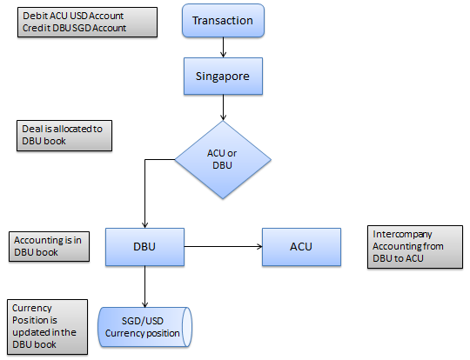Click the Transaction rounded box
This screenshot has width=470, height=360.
[223, 20]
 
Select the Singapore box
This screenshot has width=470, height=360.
[223, 77]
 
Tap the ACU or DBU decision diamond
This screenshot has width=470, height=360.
[223, 159]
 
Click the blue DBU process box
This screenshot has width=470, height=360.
[144, 247]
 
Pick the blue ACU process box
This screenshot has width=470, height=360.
[301, 247]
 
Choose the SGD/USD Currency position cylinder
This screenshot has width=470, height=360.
[144, 327]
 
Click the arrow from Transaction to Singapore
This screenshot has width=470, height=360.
[223, 47]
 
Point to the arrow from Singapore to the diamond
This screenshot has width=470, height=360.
[223, 108]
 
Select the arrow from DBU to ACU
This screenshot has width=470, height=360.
[224, 246]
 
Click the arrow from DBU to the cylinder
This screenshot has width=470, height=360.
[144, 286]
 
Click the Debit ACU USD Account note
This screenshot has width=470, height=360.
[87, 22]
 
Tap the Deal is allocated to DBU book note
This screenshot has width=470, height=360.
[64, 136]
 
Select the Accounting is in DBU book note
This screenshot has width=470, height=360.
[49, 246]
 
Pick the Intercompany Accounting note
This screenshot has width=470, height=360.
[415, 247]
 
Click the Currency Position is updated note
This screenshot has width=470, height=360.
[47, 327]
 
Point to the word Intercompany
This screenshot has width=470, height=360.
[402, 234]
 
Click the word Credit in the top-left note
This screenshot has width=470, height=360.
[37, 28]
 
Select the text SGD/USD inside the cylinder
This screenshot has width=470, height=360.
[143, 321]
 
